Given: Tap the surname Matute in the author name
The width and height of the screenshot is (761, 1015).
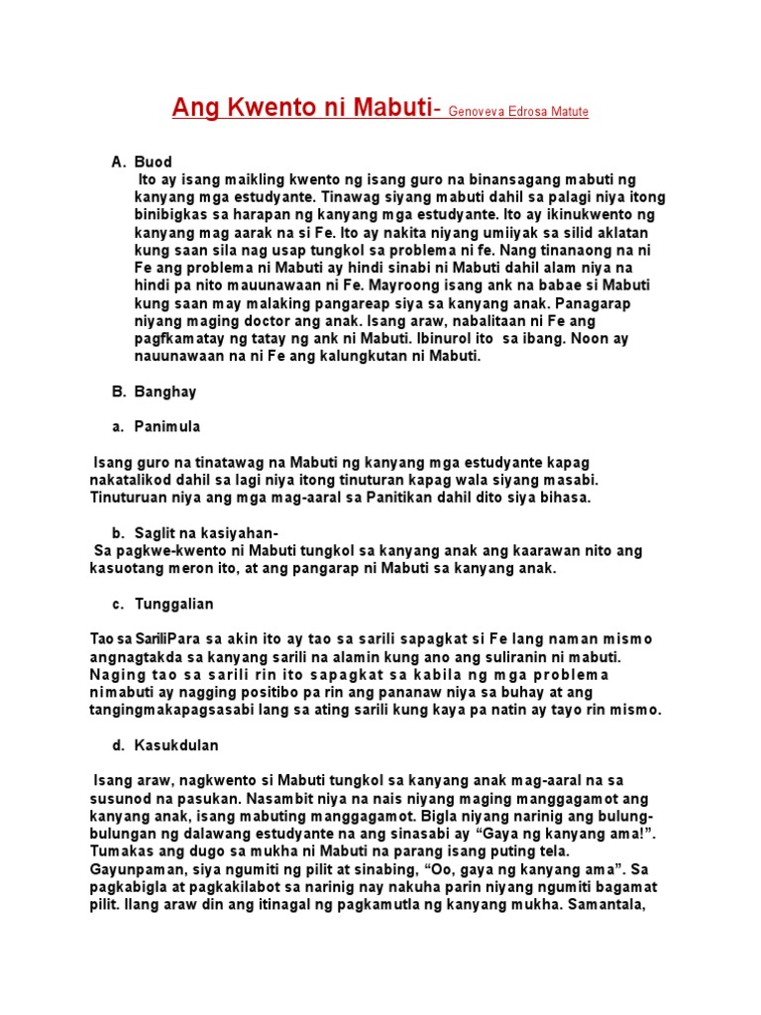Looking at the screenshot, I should coord(566,112).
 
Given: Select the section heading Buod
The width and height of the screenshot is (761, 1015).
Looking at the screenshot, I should coord(154,162).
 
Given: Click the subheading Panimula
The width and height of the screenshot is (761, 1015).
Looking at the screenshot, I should coord(167,426).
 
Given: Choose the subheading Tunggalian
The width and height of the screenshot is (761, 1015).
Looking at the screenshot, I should coord(174,604).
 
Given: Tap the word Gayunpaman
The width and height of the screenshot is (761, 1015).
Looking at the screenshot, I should coord(135,868).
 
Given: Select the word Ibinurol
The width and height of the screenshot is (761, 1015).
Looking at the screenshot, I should coord(428,339).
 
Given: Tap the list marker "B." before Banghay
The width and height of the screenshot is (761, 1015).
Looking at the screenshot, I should coord(117,392).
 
